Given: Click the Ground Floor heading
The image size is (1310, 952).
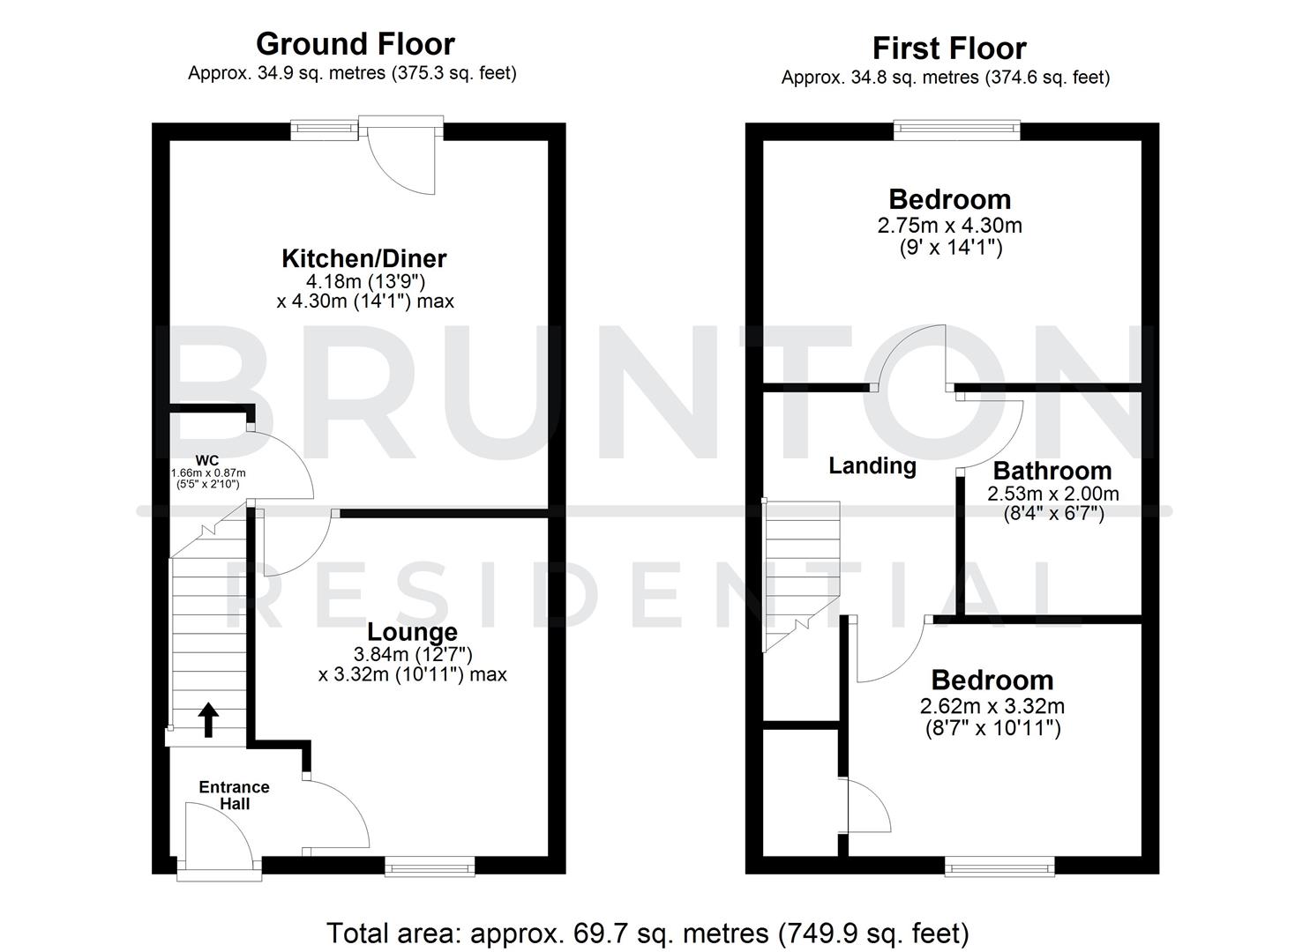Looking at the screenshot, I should (x=355, y=43).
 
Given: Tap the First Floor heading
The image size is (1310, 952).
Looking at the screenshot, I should (x=948, y=48).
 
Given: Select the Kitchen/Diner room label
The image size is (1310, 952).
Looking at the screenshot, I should (x=363, y=258).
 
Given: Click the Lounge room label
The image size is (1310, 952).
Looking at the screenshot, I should (x=412, y=632).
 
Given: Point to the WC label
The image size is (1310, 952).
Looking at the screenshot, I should (x=207, y=460).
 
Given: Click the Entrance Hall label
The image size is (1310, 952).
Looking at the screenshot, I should (x=234, y=795).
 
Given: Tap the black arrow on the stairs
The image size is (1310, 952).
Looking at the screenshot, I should (x=208, y=719).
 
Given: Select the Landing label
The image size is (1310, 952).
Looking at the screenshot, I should (x=872, y=465).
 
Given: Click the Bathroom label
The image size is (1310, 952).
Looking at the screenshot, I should (x=1052, y=471).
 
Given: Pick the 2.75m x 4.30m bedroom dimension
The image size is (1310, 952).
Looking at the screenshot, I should (x=949, y=225).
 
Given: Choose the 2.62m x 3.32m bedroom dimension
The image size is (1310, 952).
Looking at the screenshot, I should (x=992, y=706).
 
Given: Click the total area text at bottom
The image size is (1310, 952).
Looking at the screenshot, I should (x=648, y=932).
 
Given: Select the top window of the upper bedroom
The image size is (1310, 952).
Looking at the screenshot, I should (x=957, y=130).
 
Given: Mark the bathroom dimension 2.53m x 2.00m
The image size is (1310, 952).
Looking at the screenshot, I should (x=1052, y=494).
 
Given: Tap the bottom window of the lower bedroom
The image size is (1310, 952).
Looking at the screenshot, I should (x=999, y=868).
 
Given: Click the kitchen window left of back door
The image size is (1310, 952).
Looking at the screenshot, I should (x=325, y=130).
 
